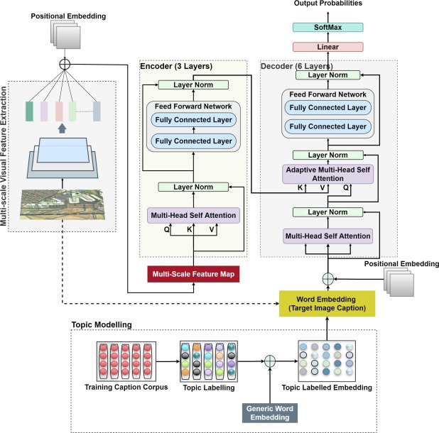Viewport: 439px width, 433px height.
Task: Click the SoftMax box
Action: pyautogui.click(x=328, y=28)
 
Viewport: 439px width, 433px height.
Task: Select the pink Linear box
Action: pyautogui.click(x=328, y=47)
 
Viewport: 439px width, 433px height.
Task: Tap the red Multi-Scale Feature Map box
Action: pyautogui.click(x=193, y=274)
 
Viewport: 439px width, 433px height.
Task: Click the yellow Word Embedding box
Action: pyautogui.click(x=327, y=304)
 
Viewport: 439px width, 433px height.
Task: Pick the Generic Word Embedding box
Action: pyautogui.click(x=270, y=413)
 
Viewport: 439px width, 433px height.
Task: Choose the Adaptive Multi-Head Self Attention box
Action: pyautogui.click(x=328, y=174)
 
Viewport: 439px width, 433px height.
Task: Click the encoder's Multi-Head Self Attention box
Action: pyautogui.click(x=193, y=215)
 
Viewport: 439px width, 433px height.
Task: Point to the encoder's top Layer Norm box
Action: pyautogui.click(x=193, y=84)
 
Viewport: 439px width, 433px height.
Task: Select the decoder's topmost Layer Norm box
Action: pyautogui.click(x=328, y=75)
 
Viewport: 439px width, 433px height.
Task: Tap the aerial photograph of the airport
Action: pyautogui.click(x=63, y=204)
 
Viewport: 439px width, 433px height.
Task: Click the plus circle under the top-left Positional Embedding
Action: pyautogui.click(x=65, y=65)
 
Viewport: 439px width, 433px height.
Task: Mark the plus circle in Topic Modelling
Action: pyautogui.click(x=270, y=361)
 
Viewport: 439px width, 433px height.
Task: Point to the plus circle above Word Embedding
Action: pyautogui.click(x=328, y=279)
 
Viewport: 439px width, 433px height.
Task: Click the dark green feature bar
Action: pyautogui.click(x=29, y=111)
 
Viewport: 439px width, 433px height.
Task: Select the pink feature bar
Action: pyautogui.click(x=59, y=111)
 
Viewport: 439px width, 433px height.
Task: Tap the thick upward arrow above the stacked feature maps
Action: pyautogui.click(x=62, y=128)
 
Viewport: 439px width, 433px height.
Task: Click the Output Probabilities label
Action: pyautogui.click(x=328, y=4)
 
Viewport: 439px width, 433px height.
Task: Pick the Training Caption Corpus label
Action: pyautogui.click(x=126, y=387)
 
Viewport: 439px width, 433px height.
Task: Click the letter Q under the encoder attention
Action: pyautogui.click(x=166, y=230)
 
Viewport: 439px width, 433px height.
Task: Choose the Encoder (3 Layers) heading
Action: pyautogui.click(x=176, y=66)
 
